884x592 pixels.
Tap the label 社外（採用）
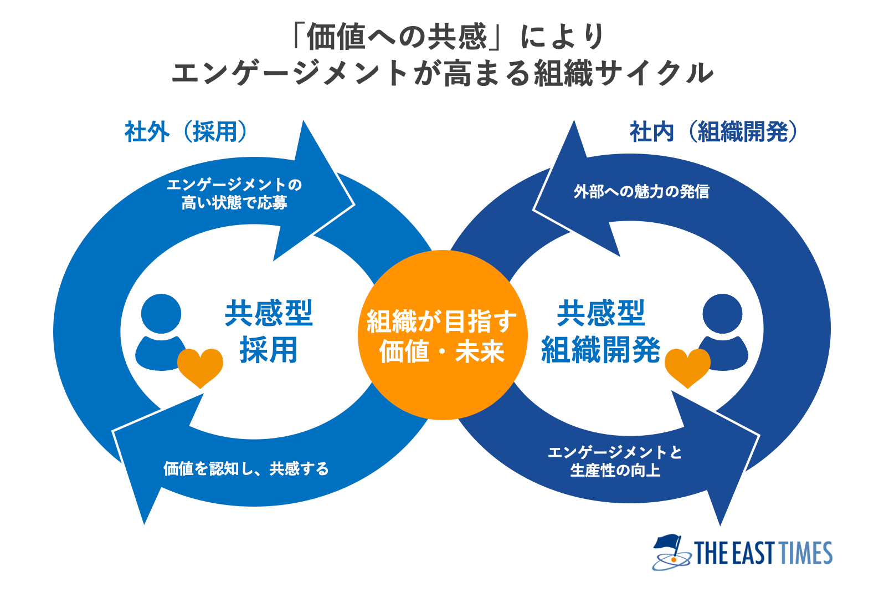pyautogui.click(x=186, y=132)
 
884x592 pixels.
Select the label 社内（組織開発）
pyautogui.click(x=713, y=132)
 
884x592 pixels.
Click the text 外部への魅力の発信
pyautogui.click(x=641, y=192)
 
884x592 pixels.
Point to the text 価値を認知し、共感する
pyautogui.click(x=246, y=469)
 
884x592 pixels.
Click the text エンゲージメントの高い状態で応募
pyautogui.click(x=234, y=194)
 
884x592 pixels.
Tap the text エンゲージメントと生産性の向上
pyautogui.click(x=615, y=461)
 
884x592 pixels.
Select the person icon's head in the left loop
pyautogui.click(x=161, y=314)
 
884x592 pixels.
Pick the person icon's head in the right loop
pyautogui.click(x=722, y=314)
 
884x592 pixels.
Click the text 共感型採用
pyautogui.click(x=269, y=331)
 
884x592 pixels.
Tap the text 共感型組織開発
pyautogui.click(x=601, y=331)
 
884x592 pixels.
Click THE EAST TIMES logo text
pyautogui.click(x=763, y=553)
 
